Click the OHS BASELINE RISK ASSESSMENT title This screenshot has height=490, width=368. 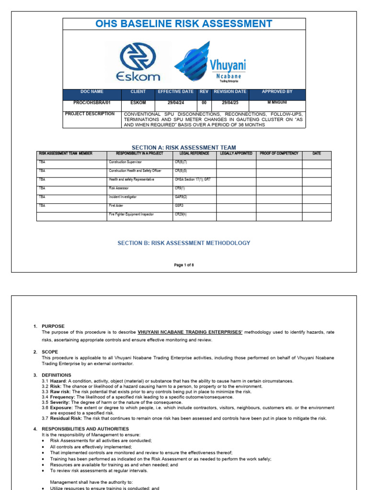[184, 24]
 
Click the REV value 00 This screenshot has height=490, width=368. [204, 103]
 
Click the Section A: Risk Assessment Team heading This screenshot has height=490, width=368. [184, 147]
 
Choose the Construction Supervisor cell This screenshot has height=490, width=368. [126, 162]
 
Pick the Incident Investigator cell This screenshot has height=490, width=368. [123, 197]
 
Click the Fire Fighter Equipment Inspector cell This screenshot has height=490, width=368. [131, 214]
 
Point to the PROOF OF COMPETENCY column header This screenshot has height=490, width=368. [279, 154]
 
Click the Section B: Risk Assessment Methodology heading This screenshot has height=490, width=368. [184, 243]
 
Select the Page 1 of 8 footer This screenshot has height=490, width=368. [184, 265]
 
